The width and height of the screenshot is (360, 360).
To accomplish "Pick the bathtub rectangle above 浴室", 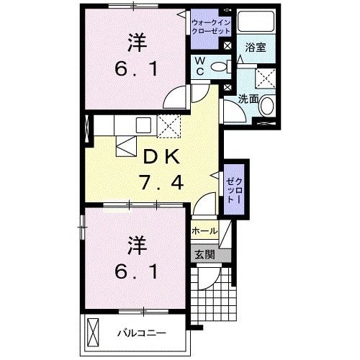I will point(256,22).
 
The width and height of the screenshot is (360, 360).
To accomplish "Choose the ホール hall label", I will point(204,232).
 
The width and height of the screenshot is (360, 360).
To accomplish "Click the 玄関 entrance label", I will point(204,254).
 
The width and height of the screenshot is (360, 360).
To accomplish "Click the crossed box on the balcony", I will point(94,333).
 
